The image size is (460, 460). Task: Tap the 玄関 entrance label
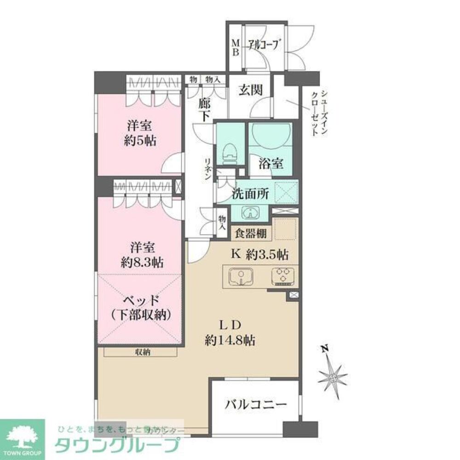pos(250,91)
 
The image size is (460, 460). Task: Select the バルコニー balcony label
pos(256,405)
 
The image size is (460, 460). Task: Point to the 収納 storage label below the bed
pos(141,352)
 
